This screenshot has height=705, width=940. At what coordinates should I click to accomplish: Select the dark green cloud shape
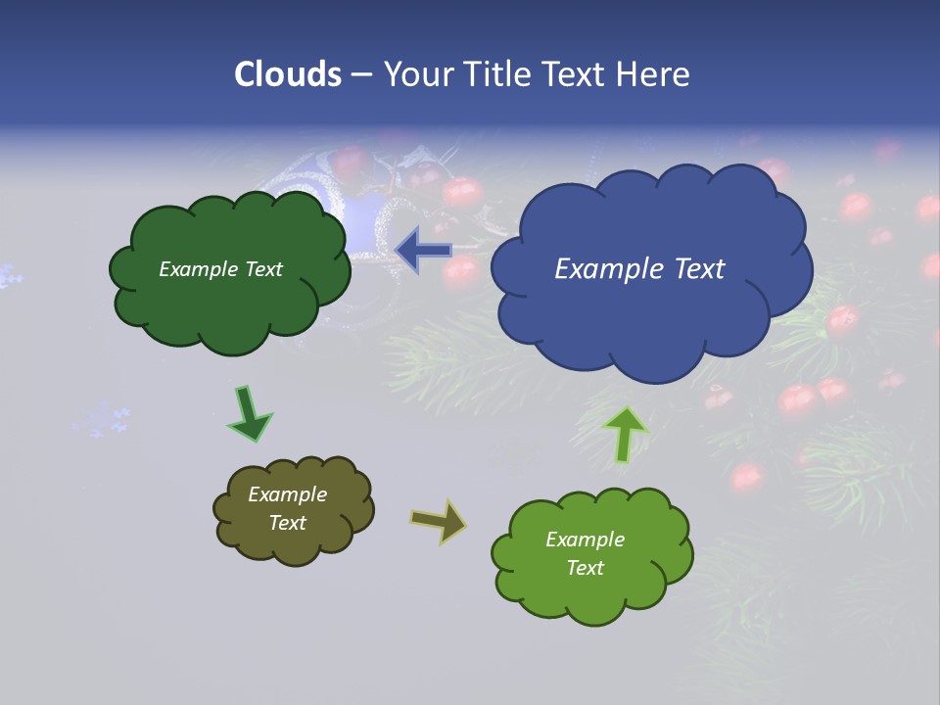click(x=230, y=304)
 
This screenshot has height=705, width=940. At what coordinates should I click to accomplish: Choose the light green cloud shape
click(x=592, y=593)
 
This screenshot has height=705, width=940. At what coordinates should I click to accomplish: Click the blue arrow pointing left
click(x=423, y=250)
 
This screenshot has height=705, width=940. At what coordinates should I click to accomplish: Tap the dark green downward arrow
click(x=249, y=413)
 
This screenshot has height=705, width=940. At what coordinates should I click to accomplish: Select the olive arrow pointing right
click(x=439, y=521)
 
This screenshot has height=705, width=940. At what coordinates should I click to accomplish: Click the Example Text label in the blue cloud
click(x=639, y=269)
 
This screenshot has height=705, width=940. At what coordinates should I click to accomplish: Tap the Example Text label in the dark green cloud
click(x=220, y=269)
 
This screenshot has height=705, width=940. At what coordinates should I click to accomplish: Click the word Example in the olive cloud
click(x=287, y=494)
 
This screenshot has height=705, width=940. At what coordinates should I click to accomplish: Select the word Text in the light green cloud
click(x=585, y=568)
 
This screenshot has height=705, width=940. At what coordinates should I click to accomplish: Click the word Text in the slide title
click(x=581, y=74)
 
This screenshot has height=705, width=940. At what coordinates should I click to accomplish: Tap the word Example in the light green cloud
click(x=585, y=540)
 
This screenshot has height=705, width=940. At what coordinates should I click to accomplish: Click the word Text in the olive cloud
click(x=287, y=523)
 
